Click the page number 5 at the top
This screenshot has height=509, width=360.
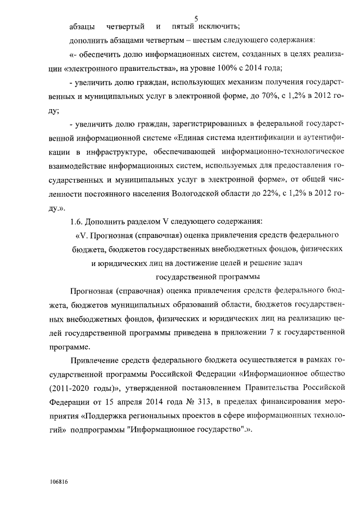tap(196, 19)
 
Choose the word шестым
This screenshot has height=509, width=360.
tap(190, 40)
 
